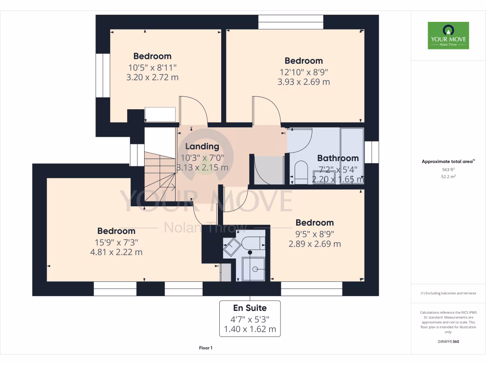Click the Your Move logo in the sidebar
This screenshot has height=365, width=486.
448,35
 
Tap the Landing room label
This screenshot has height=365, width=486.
202,146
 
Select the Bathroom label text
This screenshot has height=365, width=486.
337,158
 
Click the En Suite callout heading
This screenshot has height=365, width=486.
250,308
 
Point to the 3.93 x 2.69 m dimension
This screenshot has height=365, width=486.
303,82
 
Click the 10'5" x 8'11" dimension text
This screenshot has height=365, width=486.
152,67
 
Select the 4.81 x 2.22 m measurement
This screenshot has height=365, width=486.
116,252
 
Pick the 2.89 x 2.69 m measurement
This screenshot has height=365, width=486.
314,244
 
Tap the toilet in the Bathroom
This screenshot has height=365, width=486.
301,172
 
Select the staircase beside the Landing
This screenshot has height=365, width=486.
160,176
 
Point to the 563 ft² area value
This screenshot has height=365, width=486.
448,169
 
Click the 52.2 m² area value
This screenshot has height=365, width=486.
448,176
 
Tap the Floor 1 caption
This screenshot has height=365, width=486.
206,348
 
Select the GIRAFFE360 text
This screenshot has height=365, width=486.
448,341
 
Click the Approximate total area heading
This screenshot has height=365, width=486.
448,162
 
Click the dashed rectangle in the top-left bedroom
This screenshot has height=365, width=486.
160,115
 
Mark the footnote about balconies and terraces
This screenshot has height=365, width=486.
448,293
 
